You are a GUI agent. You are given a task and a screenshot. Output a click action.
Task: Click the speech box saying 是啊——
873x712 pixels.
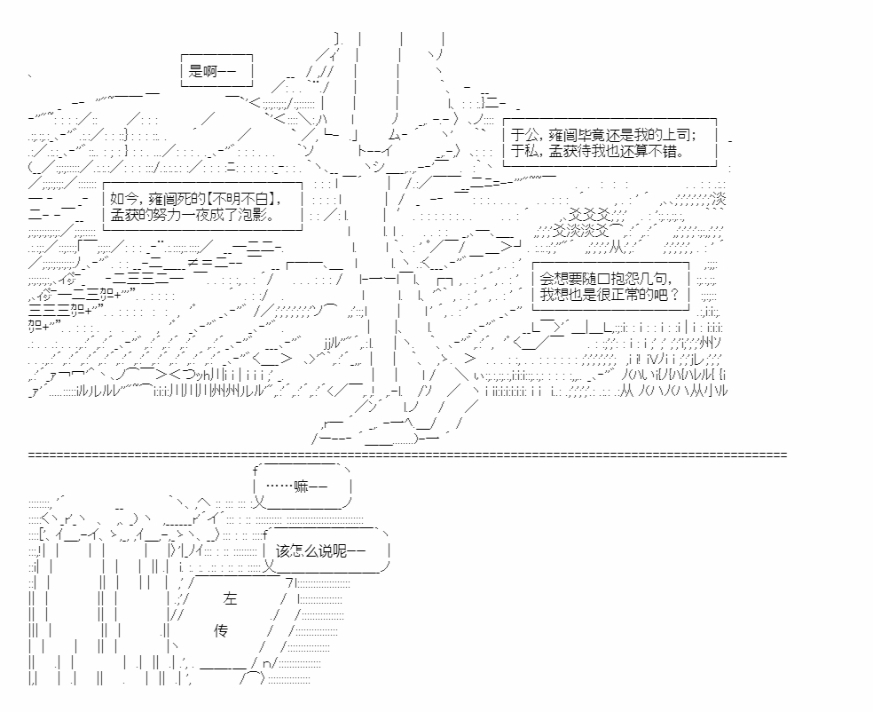coord(216,71)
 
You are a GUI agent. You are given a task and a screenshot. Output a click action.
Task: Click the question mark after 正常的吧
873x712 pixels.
coord(675,294)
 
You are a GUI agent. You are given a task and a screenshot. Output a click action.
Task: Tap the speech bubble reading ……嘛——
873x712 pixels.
coord(303,487)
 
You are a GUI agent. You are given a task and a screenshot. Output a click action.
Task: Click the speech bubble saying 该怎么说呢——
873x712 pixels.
coord(326,551)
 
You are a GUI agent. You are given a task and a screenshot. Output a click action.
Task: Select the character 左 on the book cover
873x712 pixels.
coord(230,599)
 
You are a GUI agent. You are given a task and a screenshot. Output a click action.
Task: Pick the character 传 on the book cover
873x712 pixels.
coord(221,630)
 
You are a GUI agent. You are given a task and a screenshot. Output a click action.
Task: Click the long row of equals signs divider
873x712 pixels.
coord(407,455)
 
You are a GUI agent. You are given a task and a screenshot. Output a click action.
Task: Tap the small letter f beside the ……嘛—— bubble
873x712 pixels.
coord(256,471)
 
